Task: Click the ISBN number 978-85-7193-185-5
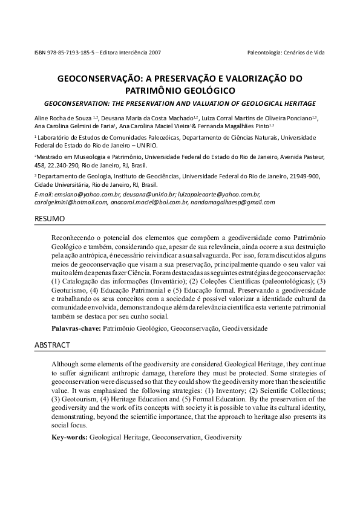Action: pyautogui.click(x=66, y=52)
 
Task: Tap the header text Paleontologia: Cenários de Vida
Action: pyautogui.click(x=286, y=52)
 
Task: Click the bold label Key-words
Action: pyautogui.click(x=70, y=436)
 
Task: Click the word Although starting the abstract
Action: pyautogui.click(x=66, y=365)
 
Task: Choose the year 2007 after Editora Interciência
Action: pyautogui.click(x=155, y=52)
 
